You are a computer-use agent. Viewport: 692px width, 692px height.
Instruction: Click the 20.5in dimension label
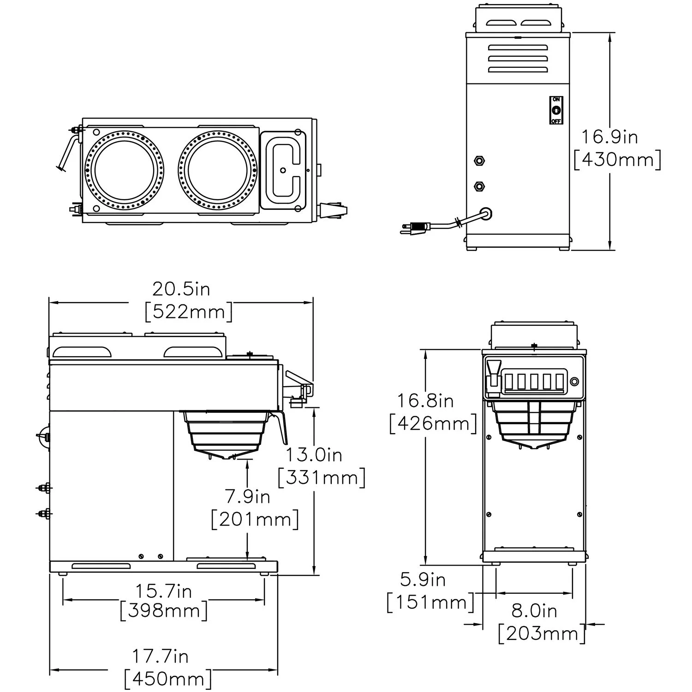[x=181, y=289]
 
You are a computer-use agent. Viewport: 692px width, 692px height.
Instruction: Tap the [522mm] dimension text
[x=188, y=312]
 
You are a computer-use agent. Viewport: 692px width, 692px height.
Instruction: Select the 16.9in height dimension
[x=609, y=137]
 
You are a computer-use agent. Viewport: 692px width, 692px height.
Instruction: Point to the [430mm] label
[x=617, y=160]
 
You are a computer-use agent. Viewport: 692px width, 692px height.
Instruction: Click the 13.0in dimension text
[x=314, y=455]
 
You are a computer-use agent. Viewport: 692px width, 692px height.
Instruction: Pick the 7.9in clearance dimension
[x=247, y=497]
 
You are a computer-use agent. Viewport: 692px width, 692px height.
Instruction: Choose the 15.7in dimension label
[x=163, y=591]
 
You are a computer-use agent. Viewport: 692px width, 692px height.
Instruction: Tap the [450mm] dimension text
[x=168, y=679]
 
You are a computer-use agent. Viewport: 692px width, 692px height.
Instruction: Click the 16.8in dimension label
[x=425, y=400]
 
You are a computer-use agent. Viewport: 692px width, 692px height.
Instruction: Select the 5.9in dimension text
[x=423, y=580]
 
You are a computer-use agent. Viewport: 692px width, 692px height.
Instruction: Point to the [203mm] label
[x=542, y=634]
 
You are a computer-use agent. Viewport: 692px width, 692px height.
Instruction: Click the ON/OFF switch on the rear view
[x=556, y=110]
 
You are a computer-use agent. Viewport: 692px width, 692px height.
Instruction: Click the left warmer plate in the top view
[x=125, y=170]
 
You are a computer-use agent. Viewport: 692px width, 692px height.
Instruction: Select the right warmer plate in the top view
[x=216, y=170]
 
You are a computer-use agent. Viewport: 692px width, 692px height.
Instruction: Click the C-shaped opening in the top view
[x=283, y=169]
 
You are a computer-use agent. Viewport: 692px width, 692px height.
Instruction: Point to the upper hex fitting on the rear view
[x=479, y=161]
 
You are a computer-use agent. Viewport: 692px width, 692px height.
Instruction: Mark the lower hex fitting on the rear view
[x=479, y=187]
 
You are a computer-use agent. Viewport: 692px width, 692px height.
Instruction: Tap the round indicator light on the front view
[x=574, y=382]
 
